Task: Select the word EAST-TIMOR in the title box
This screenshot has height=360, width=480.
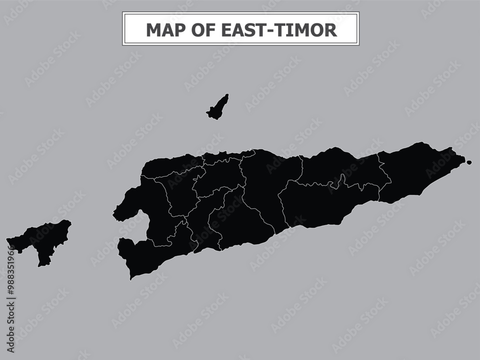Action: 279,30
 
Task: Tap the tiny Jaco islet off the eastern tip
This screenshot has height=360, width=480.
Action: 469,162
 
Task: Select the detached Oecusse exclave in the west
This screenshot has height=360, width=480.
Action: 41,240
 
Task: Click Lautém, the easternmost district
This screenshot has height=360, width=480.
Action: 418,170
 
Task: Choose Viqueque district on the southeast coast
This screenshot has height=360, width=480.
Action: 326,204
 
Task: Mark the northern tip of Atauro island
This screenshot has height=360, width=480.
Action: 227,95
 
